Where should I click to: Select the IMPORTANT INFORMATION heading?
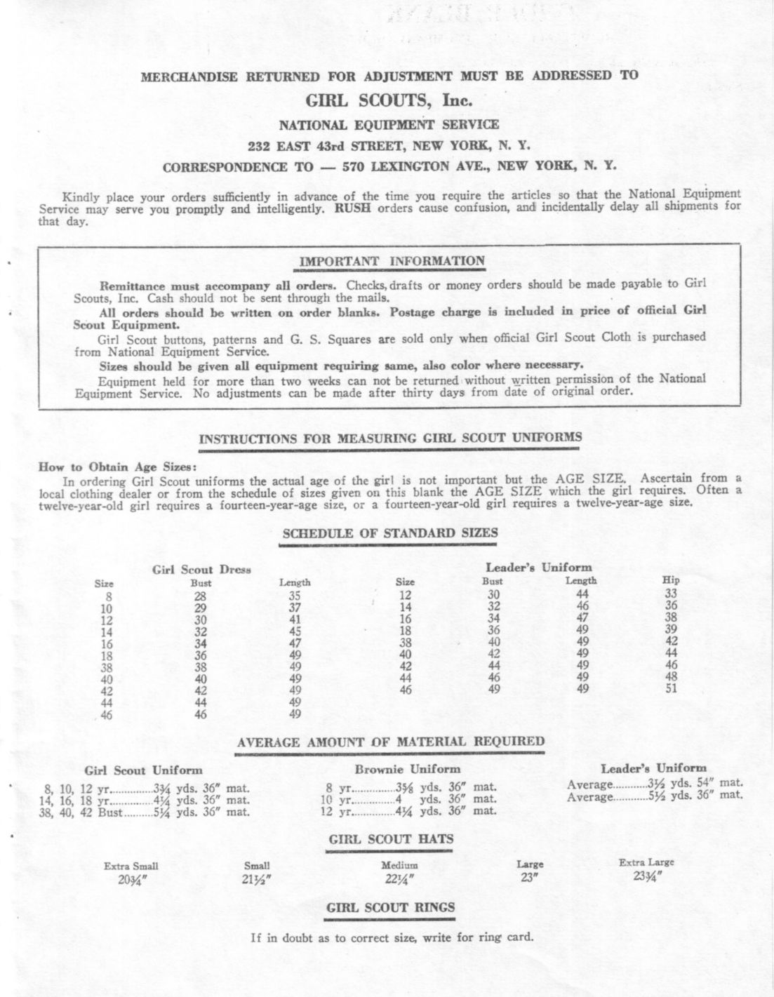click(x=392, y=262)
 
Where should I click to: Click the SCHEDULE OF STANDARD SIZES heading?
click(x=389, y=533)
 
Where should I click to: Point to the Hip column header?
click(x=671, y=580)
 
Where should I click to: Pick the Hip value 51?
click(x=671, y=688)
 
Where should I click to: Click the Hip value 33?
click(x=671, y=593)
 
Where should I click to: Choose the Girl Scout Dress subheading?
click(x=202, y=570)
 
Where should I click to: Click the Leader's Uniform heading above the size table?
click(x=539, y=568)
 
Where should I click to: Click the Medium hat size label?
click(x=399, y=866)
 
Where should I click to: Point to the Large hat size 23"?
click(x=529, y=878)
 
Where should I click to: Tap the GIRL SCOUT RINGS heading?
click(x=391, y=907)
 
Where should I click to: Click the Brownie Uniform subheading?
click(x=408, y=769)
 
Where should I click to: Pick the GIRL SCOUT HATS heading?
click(x=391, y=839)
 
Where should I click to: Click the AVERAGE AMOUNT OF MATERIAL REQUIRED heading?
click(x=391, y=742)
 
